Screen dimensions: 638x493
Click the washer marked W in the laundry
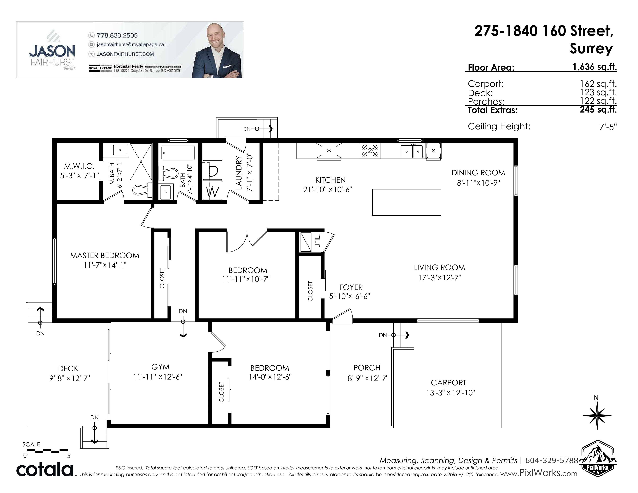pos(212,190)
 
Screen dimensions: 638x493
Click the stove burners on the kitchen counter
pos(370,150)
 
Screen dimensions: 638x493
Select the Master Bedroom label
pos(105,256)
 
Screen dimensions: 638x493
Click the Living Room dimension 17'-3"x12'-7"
pos(440,277)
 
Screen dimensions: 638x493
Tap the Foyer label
pos(351,287)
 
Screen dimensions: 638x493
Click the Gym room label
pos(160,367)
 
